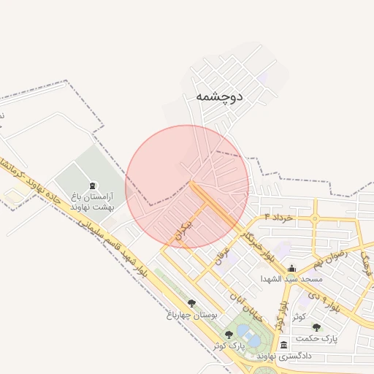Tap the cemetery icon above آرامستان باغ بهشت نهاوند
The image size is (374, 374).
pos(91,186)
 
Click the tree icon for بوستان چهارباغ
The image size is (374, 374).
pos(191,302)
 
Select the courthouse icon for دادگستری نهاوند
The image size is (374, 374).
pos(283,345)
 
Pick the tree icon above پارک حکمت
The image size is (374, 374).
pos(316,327)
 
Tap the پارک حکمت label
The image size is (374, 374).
pos(320,339)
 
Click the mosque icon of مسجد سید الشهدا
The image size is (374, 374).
pos(291,268)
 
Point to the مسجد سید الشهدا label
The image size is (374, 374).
pos(291,279)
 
